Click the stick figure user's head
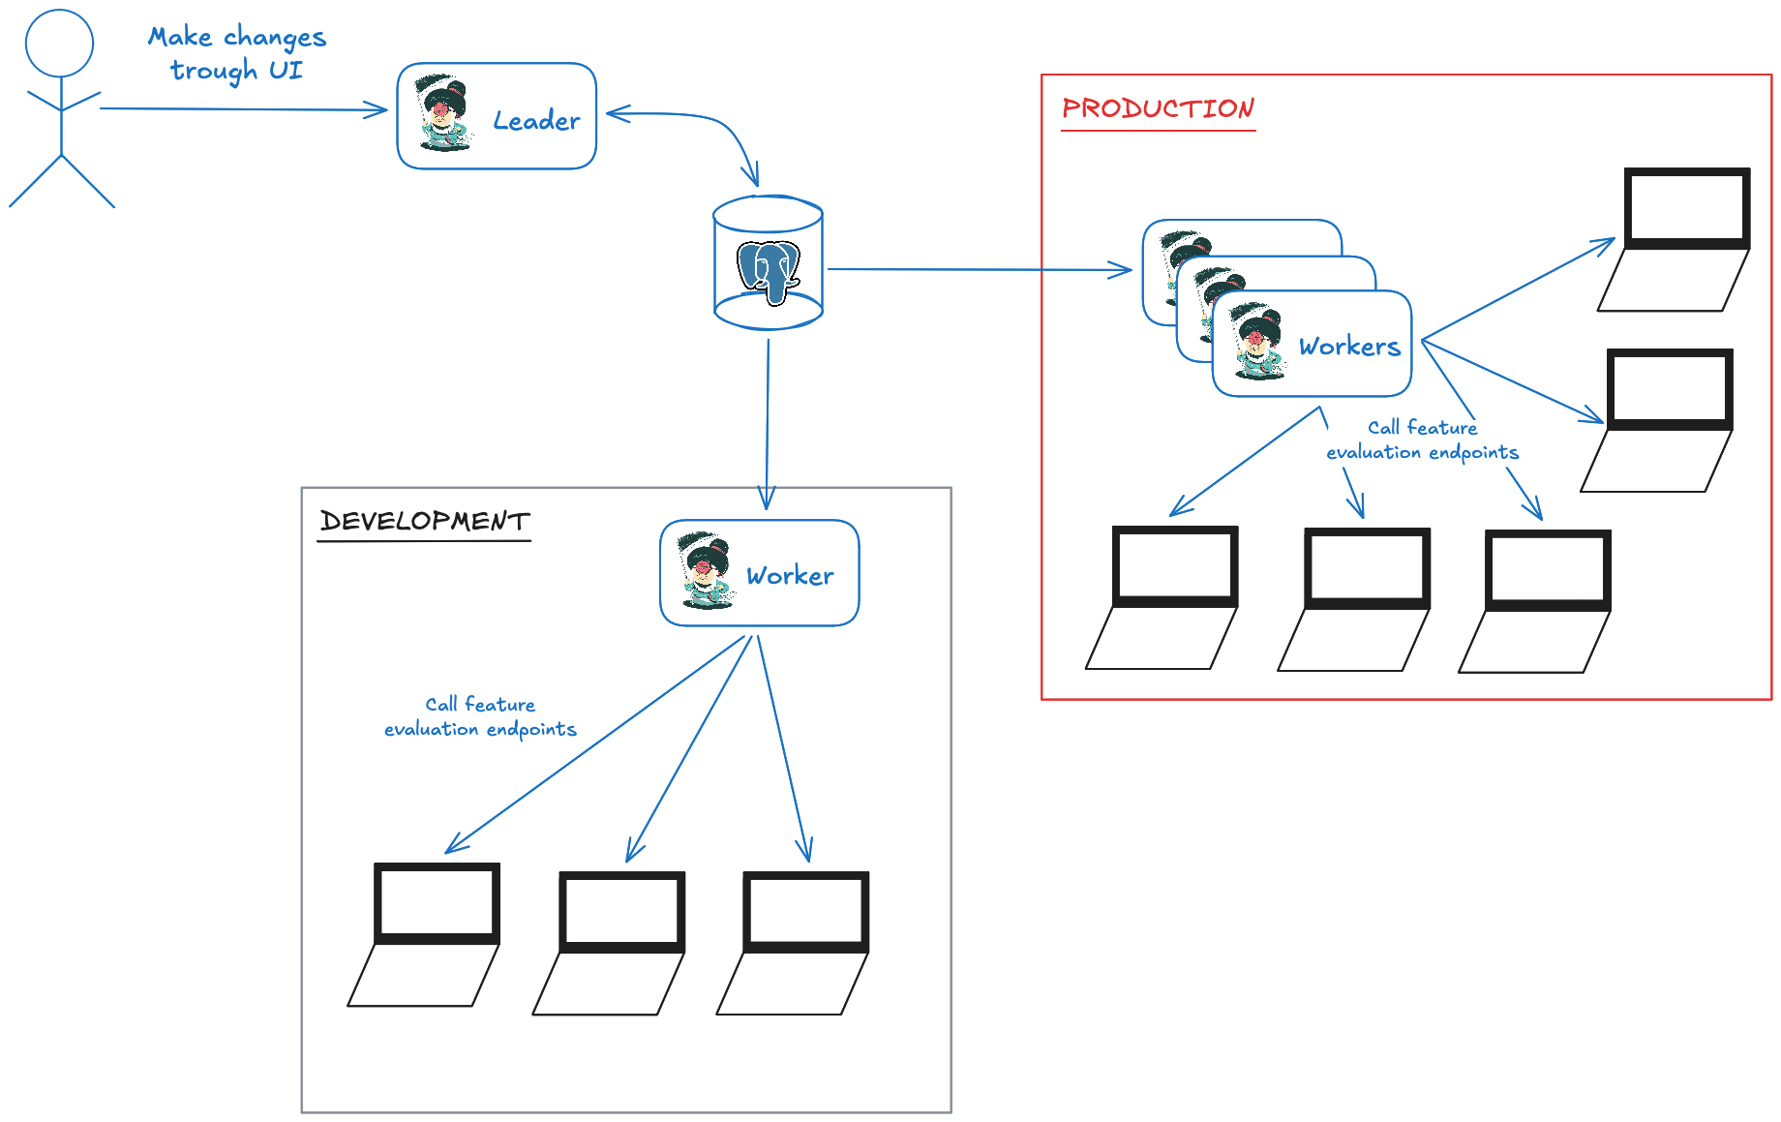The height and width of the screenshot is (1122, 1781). tap(59, 44)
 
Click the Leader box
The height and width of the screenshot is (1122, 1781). tap(497, 116)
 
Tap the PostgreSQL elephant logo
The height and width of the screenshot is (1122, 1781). tap(769, 269)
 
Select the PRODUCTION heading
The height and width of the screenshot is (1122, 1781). tap(1158, 108)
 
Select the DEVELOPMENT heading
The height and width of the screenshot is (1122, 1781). tap(425, 521)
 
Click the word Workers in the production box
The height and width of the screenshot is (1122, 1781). tap(1349, 347)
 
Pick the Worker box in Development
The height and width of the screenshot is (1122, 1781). tap(760, 573)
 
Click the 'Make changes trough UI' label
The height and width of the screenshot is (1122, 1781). tap(237, 53)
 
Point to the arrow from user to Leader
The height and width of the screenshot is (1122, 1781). tap(242, 109)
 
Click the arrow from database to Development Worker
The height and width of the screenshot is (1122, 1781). tap(768, 416)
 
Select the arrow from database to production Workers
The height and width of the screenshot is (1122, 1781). tap(978, 269)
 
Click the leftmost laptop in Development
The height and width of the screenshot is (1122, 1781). tap(426, 934)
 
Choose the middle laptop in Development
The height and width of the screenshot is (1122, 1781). tap(611, 943)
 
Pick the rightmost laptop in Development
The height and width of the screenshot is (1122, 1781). tap(795, 943)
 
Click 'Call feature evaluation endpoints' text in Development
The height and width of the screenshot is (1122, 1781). tap(480, 716)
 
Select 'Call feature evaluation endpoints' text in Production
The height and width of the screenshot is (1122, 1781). tap(1422, 440)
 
